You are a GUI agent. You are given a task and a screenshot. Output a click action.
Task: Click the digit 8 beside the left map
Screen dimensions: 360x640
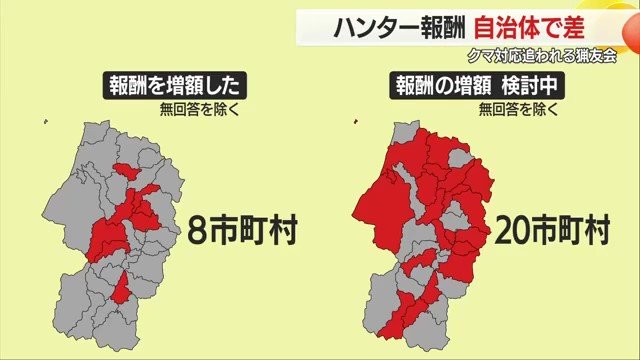coord(197,232)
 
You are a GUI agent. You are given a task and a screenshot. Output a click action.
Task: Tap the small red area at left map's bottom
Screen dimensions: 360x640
coord(121,290)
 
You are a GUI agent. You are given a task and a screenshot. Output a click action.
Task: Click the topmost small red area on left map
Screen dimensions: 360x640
coord(126,171)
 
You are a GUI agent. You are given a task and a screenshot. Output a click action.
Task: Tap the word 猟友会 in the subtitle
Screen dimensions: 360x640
coord(594,56)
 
